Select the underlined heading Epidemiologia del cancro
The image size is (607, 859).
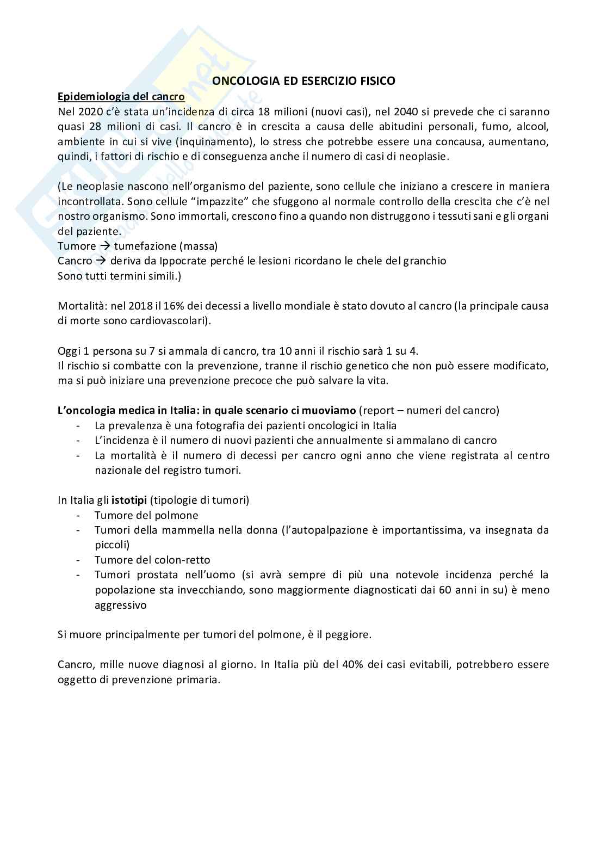(121, 96)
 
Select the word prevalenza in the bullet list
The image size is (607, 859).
(134, 425)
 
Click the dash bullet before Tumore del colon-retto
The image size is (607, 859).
(80, 560)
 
